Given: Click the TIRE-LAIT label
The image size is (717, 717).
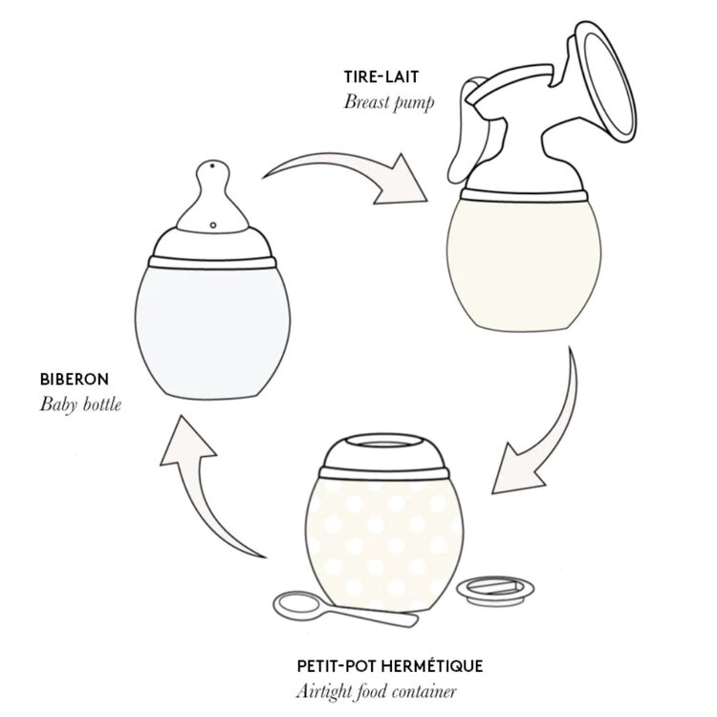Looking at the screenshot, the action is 380,76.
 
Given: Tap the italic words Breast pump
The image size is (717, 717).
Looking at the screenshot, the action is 389,102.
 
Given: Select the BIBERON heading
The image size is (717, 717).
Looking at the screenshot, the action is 75,380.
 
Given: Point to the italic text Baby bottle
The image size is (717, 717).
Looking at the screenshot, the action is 80,404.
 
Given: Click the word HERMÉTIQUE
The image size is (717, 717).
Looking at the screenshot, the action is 432,665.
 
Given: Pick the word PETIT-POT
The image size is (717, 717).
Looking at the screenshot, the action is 337,665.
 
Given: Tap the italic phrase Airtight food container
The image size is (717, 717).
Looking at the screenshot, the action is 377,691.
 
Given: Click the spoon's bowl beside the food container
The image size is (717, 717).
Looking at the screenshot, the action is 297,606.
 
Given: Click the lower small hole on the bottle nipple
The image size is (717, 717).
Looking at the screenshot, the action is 213,225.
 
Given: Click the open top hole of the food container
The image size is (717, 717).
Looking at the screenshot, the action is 383,445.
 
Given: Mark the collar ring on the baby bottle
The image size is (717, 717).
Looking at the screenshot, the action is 212,263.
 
